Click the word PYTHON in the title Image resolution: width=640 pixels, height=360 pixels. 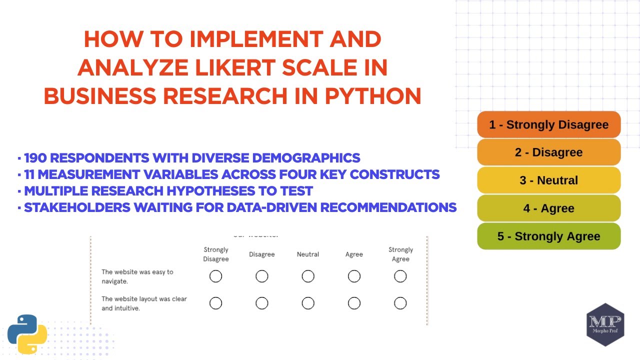coord(372,95)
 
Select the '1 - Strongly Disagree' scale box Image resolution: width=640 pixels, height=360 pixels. coord(548,124)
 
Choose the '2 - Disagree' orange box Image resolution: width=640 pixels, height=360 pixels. coord(548,152)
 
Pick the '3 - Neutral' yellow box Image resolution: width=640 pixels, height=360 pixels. coord(548,180)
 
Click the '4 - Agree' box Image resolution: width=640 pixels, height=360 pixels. coord(548,208)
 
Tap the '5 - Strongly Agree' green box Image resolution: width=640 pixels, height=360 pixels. coord(548,236)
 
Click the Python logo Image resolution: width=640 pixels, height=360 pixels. coord(27,334)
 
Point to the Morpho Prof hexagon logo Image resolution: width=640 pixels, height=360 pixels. coord(605,324)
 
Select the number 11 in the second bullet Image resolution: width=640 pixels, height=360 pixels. coord(30,174)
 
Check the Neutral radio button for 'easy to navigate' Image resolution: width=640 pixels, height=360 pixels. coord(308,276)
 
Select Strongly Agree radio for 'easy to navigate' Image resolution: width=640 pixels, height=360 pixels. coord(400,276)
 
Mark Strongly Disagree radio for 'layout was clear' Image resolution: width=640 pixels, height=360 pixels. coord(215,303)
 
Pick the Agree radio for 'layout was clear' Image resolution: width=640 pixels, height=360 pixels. coord(354,303)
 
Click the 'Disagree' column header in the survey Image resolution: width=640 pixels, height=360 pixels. coord(262,254)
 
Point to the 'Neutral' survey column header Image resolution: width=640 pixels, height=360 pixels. coord(308,254)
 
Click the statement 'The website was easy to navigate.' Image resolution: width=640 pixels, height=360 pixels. coord(137,276)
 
